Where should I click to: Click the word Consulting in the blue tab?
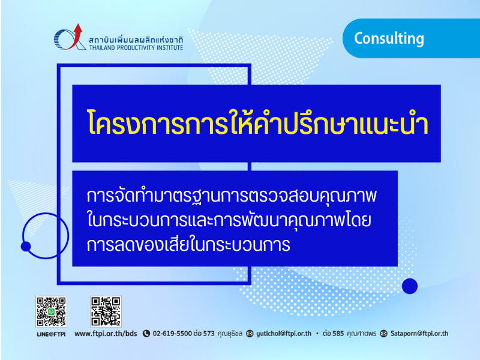pos(389,39)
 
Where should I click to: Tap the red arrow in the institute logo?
pos(76,36)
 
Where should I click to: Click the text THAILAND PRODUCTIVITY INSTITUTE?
pos(136,48)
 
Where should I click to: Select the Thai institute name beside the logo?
pos(136,40)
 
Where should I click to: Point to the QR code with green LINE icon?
pos(51,311)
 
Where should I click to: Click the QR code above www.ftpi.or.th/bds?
pos(106,311)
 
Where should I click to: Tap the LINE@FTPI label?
pos(51,334)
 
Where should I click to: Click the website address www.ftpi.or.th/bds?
pos(106,334)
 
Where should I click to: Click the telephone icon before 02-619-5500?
pos(146,334)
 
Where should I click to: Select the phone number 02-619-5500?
pos(172,334)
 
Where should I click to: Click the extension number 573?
pos(209,334)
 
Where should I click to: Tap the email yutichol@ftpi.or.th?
pos(284,334)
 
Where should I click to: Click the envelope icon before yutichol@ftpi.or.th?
pos(250,334)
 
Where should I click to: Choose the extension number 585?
pos(338,334)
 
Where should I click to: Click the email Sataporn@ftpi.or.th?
pos(419,334)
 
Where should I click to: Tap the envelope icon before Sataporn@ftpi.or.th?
pos(383,334)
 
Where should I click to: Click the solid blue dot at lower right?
pos(410,286)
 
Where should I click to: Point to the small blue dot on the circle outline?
pos(26,247)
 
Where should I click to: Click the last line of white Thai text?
pos(188,245)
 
